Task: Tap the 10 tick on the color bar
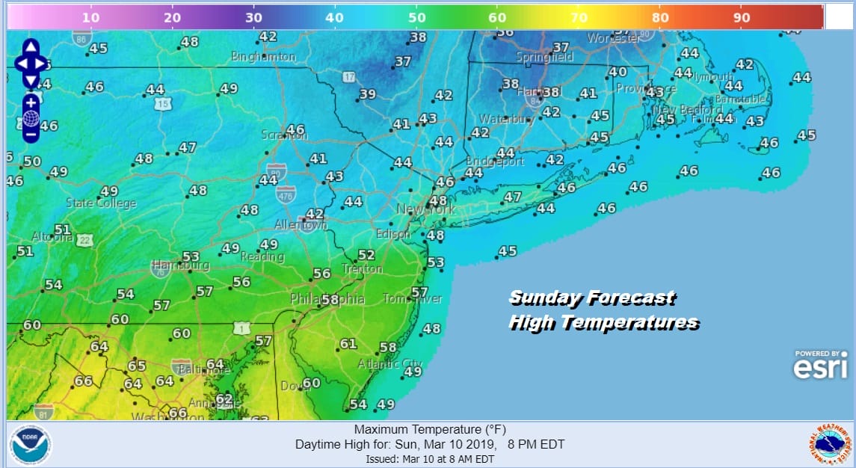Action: [x=90, y=17]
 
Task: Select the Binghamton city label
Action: [x=263, y=56]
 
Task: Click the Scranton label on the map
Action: [x=283, y=135]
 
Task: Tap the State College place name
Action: [x=101, y=203]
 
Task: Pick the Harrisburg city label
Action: [x=181, y=265]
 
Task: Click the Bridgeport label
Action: [x=495, y=161]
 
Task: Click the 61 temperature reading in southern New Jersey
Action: [x=348, y=344]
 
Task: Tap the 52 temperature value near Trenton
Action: [x=366, y=256]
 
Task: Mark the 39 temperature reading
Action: [x=367, y=94]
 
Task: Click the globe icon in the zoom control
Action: [x=31, y=118]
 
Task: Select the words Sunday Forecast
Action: [x=591, y=298]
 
